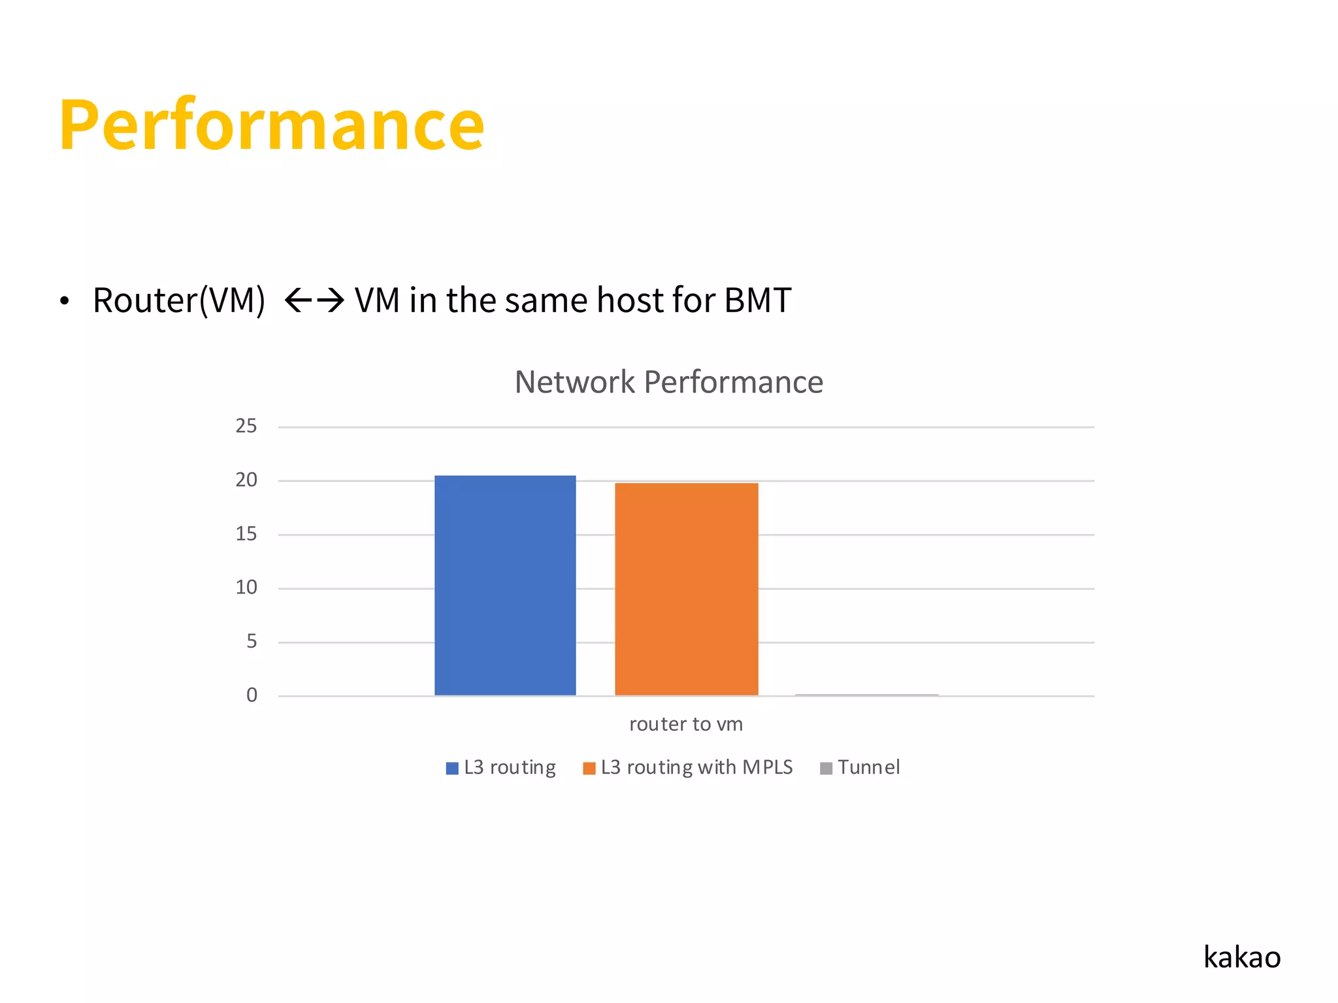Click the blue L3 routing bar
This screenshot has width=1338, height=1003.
[505, 585]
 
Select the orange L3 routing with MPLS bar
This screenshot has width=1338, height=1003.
[687, 589]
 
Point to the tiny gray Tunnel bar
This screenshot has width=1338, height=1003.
[867, 695]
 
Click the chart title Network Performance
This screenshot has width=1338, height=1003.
[668, 382]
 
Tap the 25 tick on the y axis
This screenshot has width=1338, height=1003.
[246, 426]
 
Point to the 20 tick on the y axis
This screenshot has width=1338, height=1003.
[246, 480]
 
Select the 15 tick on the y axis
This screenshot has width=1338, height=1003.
[246, 534]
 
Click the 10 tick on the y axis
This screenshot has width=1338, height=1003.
[246, 588]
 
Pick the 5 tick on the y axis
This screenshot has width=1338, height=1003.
[252, 641]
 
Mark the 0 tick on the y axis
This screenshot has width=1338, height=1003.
[252, 695]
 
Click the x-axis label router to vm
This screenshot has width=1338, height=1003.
[686, 724]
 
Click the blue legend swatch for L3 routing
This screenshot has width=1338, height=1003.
[452, 769]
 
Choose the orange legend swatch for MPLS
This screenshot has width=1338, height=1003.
[589, 769]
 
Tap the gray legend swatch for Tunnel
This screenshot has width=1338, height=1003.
[826, 769]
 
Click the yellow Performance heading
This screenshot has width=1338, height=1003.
[272, 124]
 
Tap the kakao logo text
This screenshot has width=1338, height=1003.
[1242, 957]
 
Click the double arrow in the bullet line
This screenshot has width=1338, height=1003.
[314, 301]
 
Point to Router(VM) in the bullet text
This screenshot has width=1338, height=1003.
[179, 301]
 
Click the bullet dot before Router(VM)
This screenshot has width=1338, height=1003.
[64, 302]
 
